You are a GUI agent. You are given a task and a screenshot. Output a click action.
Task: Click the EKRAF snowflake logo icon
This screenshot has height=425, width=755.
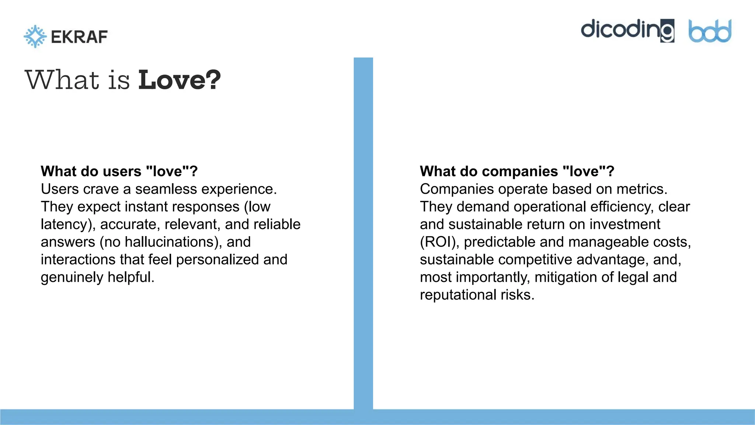point(35,36)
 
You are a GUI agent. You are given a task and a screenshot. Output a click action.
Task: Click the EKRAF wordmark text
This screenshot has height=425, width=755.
point(79,37)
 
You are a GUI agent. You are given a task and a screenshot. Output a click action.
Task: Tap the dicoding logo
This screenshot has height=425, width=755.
point(627,30)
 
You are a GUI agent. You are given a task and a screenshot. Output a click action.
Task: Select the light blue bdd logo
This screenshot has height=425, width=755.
point(710,31)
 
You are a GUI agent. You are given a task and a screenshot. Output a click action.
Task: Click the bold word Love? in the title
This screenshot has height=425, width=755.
point(179,80)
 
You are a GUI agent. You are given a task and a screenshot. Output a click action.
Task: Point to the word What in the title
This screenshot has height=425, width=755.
point(62,80)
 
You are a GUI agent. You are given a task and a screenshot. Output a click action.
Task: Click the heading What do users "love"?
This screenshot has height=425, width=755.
point(119,171)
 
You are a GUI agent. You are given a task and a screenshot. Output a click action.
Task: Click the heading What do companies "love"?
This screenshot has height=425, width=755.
point(517,171)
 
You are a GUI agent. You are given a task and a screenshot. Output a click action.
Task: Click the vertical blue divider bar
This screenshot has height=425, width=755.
point(363,232)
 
